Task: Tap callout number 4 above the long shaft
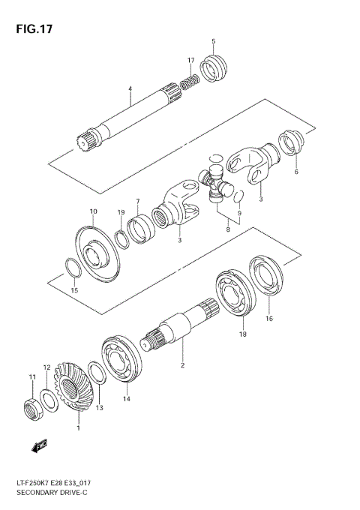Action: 130,89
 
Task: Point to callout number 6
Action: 296,172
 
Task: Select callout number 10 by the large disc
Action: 94,212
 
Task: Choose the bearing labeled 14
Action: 121,361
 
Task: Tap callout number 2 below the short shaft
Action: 181,365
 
